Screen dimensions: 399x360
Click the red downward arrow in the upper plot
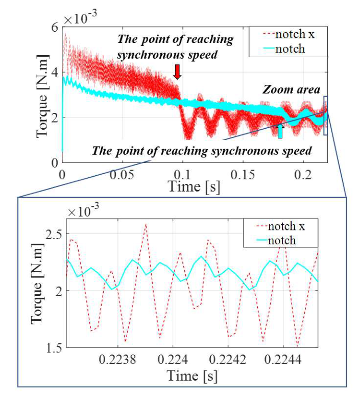tap(177, 72)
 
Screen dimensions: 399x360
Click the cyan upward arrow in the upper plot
tap(279, 130)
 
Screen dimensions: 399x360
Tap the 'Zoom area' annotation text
tap(291, 90)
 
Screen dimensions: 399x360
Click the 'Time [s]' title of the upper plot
tap(194, 187)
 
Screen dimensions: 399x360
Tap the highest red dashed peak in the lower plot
tap(146, 224)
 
